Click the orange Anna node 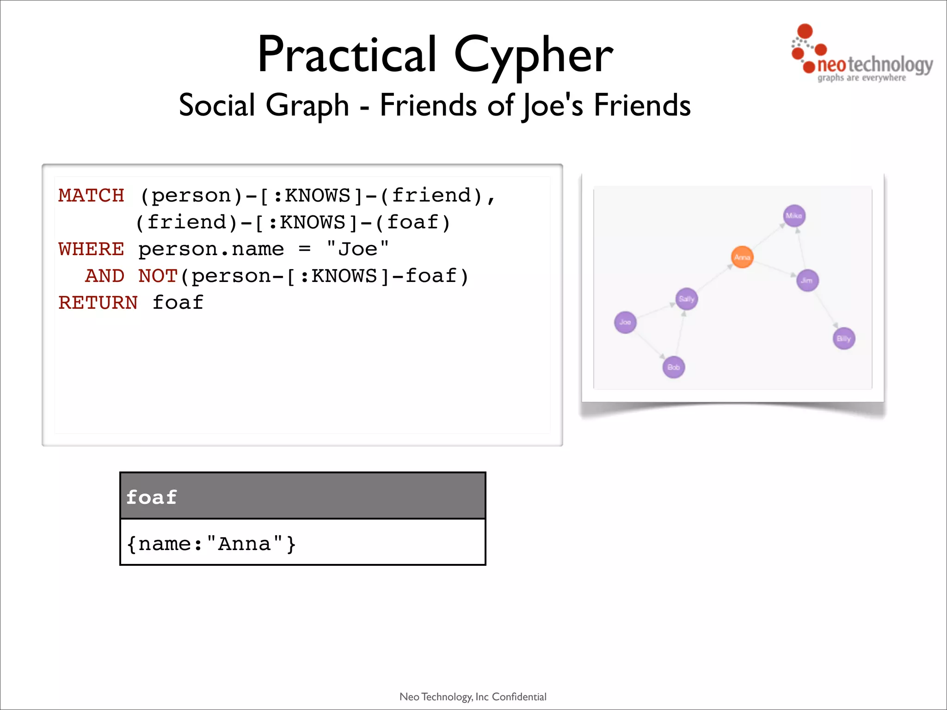click(x=742, y=257)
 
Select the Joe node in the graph click(x=625, y=322)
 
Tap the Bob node click(x=674, y=367)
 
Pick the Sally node click(x=687, y=299)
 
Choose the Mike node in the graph click(x=794, y=216)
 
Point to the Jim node click(x=807, y=280)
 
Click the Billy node click(x=844, y=338)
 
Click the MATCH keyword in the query click(x=92, y=195)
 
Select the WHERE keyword click(x=92, y=249)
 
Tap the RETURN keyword click(x=98, y=303)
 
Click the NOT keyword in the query click(x=158, y=276)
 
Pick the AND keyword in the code click(x=105, y=276)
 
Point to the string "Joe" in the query click(x=357, y=249)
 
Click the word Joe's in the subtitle click(x=553, y=105)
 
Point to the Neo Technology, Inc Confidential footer click(x=473, y=697)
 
